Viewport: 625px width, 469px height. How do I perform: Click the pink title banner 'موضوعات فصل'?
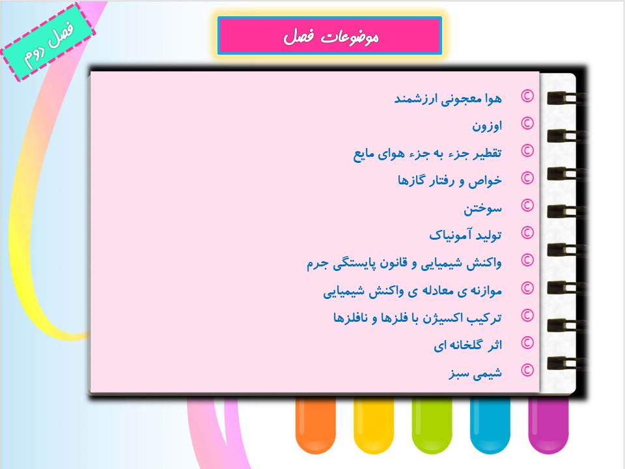point(329,35)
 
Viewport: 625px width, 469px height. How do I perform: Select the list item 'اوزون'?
point(487,126)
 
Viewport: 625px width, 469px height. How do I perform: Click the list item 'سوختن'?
point(482,208)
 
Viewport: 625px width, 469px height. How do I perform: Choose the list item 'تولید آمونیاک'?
point(465,235)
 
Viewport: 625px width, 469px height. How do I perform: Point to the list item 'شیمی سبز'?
point(475,373)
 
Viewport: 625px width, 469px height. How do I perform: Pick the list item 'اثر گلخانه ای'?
point(467,345)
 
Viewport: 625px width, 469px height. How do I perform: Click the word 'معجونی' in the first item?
point(461,99)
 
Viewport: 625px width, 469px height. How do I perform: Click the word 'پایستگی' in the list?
point(351,264)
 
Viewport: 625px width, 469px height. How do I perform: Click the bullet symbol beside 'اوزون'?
point(527,124)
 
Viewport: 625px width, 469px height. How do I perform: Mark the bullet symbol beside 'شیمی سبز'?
point(527,371)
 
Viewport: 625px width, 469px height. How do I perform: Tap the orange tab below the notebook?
point(316,425)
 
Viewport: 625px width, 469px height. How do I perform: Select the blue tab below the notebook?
point(490,425)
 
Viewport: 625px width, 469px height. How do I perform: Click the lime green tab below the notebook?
point(432,425)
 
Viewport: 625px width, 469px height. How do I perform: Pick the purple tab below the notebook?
point(548,425)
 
